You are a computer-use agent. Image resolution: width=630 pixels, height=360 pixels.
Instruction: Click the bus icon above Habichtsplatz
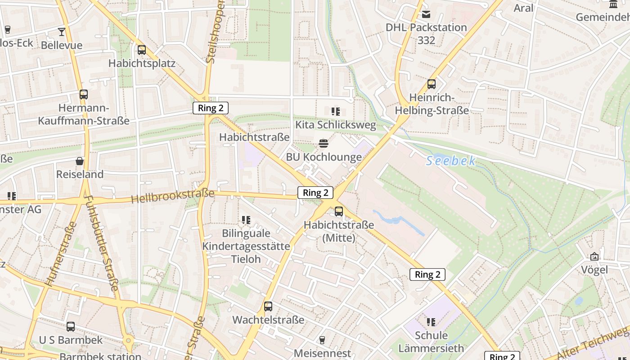point(142,50)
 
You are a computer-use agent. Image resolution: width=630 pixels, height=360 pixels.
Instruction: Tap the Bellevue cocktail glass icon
point(62,32)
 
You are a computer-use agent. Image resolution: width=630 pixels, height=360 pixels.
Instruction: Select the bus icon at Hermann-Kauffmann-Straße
point(84,94)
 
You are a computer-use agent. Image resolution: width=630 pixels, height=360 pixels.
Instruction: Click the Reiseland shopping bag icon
point(80,161)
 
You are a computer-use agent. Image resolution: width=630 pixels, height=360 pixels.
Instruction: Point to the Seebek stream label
point(450,161)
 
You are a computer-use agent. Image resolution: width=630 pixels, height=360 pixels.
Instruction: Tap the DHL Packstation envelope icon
point(426,14)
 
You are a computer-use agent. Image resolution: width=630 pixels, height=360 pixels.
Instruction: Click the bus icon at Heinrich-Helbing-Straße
point(432,84)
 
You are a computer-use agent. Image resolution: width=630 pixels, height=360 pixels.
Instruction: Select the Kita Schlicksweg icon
point(335,112)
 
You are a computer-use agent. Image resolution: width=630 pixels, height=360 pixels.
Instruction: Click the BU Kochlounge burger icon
point(323,144)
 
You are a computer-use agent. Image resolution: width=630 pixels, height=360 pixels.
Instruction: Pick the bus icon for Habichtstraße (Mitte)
point(339,211)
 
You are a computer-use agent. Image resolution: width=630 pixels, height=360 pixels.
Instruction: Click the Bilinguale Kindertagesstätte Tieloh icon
point(246,220)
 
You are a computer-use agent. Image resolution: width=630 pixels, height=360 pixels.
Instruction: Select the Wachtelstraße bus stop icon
point(268,306)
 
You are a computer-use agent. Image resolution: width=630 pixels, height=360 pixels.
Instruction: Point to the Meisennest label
point(322,353)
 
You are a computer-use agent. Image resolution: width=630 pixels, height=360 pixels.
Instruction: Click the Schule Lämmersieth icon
point(431,322)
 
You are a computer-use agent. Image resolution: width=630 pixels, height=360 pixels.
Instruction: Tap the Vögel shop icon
point(594,256)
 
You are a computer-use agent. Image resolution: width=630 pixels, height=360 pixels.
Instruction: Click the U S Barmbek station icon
point(71,327)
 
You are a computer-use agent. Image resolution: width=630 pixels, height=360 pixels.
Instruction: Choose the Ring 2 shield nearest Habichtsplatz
point(211,108)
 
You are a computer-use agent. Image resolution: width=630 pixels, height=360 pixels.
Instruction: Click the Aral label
point(523,8)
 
